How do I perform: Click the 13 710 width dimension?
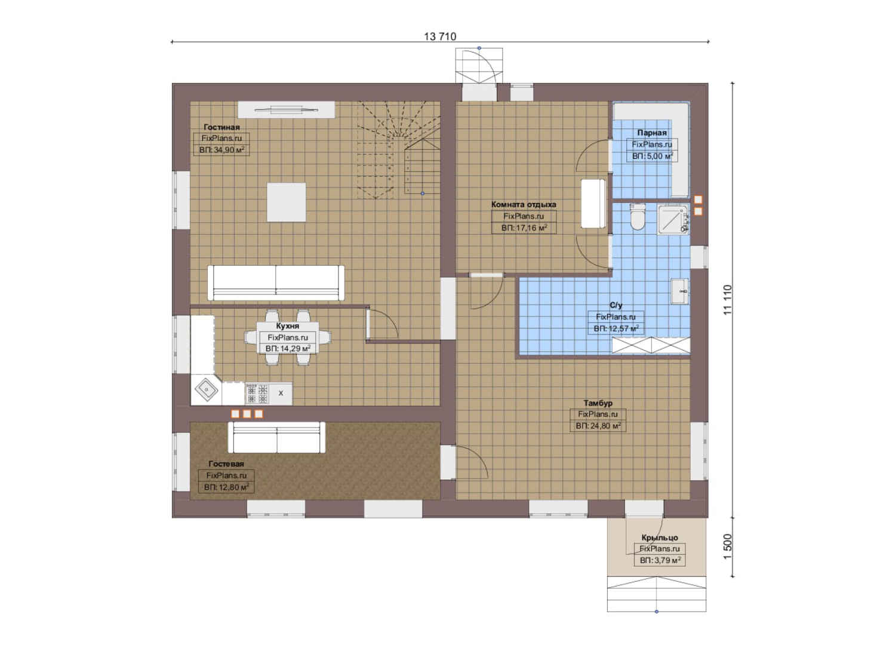pos(440,36)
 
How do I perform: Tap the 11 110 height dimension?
pos(728,299)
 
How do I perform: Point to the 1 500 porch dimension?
pos(728,546)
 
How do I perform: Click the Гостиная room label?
pos(221,127)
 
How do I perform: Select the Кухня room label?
pos(288,326)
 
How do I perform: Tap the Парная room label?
pos(652,133)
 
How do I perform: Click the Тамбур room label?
pos(598,403)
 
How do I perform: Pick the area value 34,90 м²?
pos(221,150)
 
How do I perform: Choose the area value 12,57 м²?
pos(616,328)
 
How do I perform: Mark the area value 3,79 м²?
pos(660,560)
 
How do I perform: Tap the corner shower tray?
pos(673,219)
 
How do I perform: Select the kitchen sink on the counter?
pos(206,390)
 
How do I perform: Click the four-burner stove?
pos(257,394)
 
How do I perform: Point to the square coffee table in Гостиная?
pos(287,202)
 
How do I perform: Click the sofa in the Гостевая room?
pos(276,437)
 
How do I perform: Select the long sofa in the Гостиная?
pos(276,282)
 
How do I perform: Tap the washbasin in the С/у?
pos(679,291)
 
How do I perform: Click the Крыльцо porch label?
pos(660,537)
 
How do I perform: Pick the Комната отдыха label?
pos(524,204)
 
